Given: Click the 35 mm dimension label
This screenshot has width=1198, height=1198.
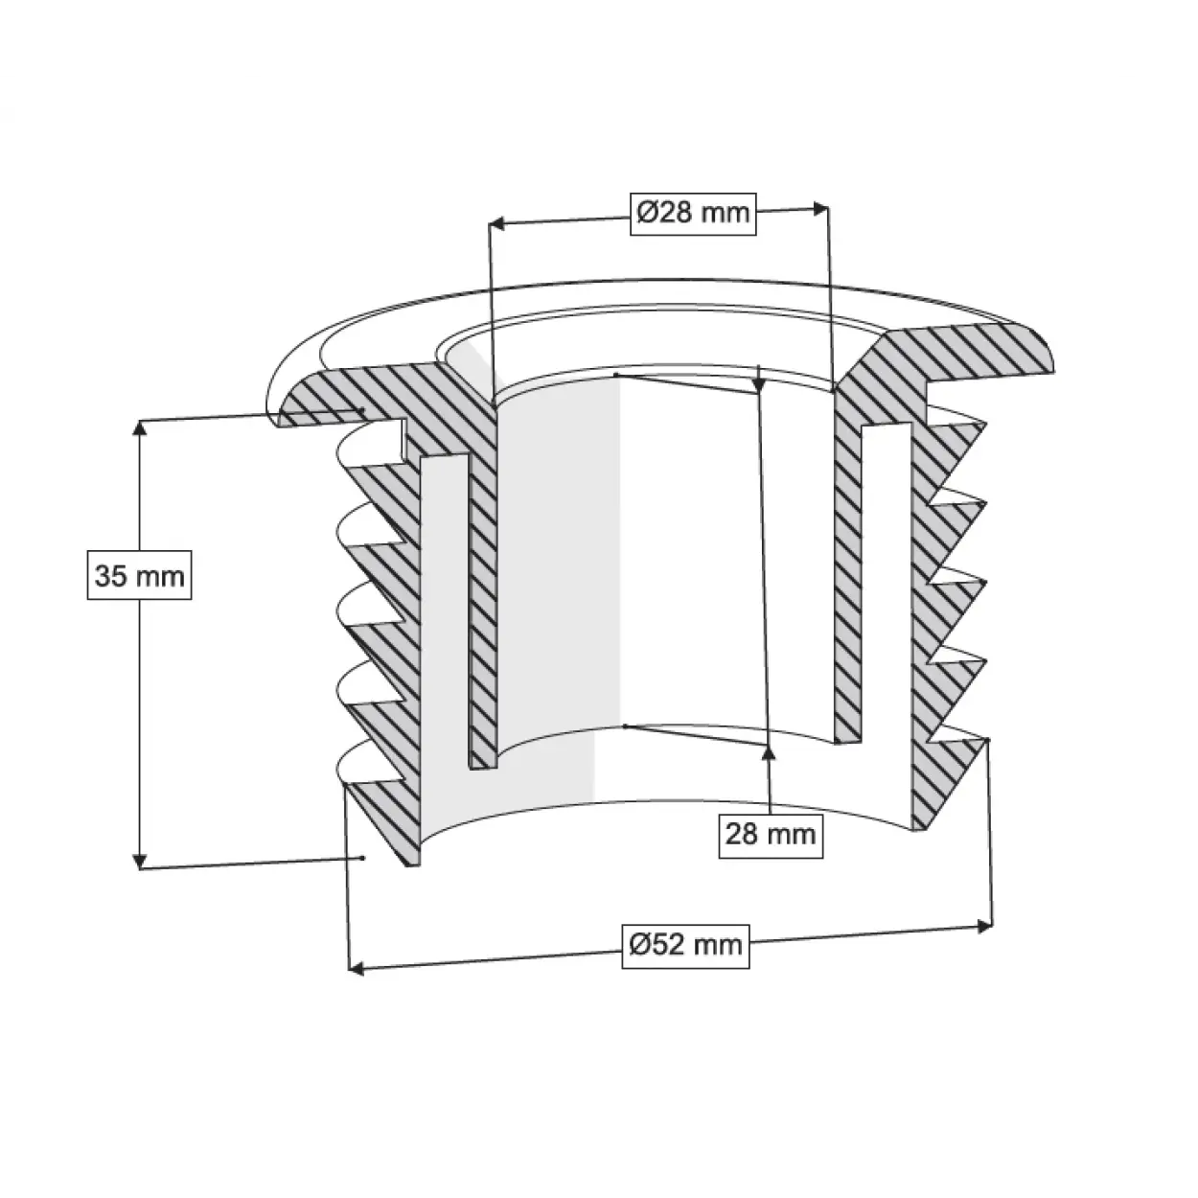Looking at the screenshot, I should pos(140,576).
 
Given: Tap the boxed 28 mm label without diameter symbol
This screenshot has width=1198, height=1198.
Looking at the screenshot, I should pos(771,833).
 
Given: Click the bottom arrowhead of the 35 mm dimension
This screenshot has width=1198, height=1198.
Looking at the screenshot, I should pos(141,860).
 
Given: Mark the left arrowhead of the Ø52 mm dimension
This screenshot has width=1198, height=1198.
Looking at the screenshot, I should pos(356,969).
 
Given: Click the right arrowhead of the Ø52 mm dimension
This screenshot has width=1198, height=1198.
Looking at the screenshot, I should pos(983,925).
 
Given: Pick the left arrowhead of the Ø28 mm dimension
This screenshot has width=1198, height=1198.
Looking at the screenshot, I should pos(496,224).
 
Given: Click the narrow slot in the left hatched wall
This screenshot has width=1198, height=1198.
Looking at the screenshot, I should pos(446,613).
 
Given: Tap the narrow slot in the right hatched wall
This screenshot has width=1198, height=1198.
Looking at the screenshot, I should pos(884,575).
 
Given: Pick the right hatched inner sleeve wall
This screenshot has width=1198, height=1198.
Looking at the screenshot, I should pos(848,575).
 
